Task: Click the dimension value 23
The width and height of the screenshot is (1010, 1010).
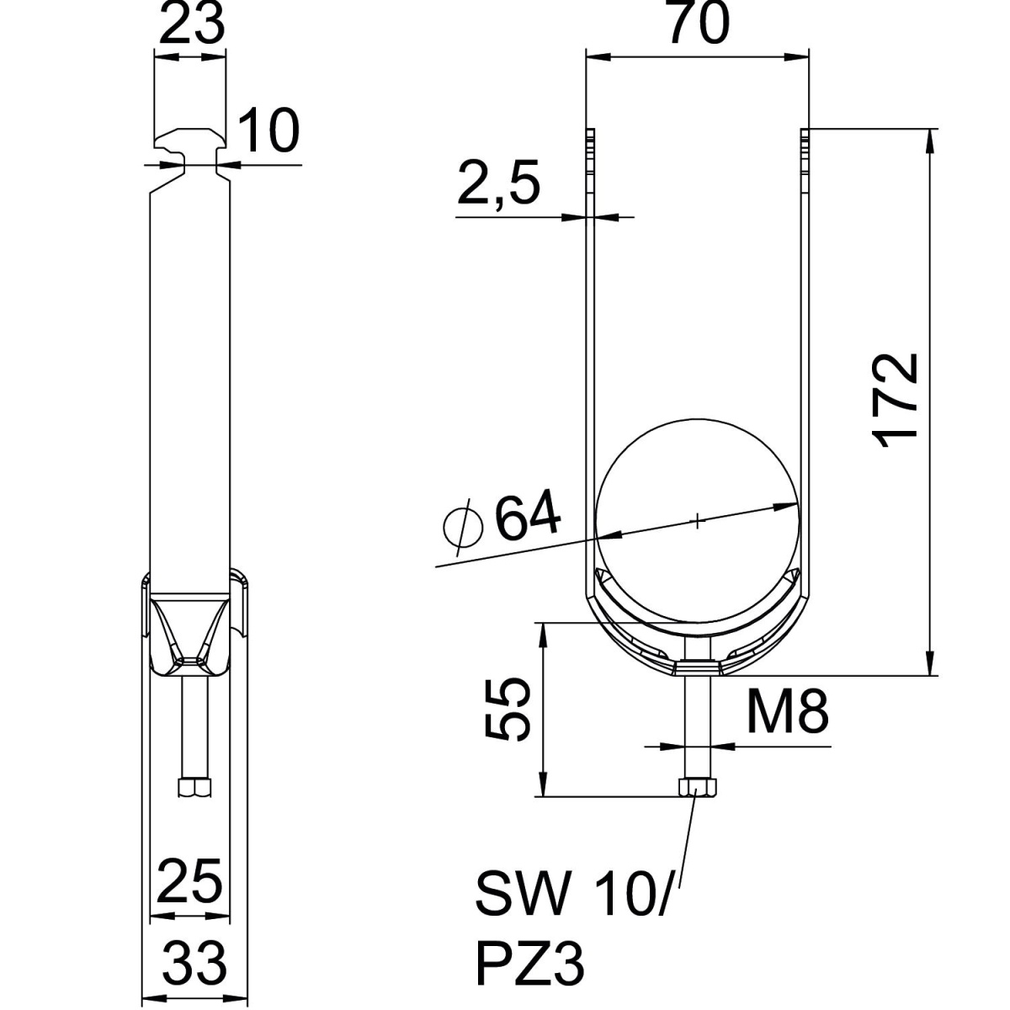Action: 193,25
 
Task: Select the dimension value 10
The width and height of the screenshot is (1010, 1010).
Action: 268,131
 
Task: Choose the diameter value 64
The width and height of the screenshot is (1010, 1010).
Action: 528,518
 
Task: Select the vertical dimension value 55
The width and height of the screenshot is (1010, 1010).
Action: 510,710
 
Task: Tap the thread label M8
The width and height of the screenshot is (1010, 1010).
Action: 788,711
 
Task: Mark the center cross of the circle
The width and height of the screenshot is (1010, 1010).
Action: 698,521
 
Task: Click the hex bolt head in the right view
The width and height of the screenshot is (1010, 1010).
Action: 697,788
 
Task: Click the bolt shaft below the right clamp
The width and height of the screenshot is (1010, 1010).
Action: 697,724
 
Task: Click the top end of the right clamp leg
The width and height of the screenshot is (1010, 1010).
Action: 805,135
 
